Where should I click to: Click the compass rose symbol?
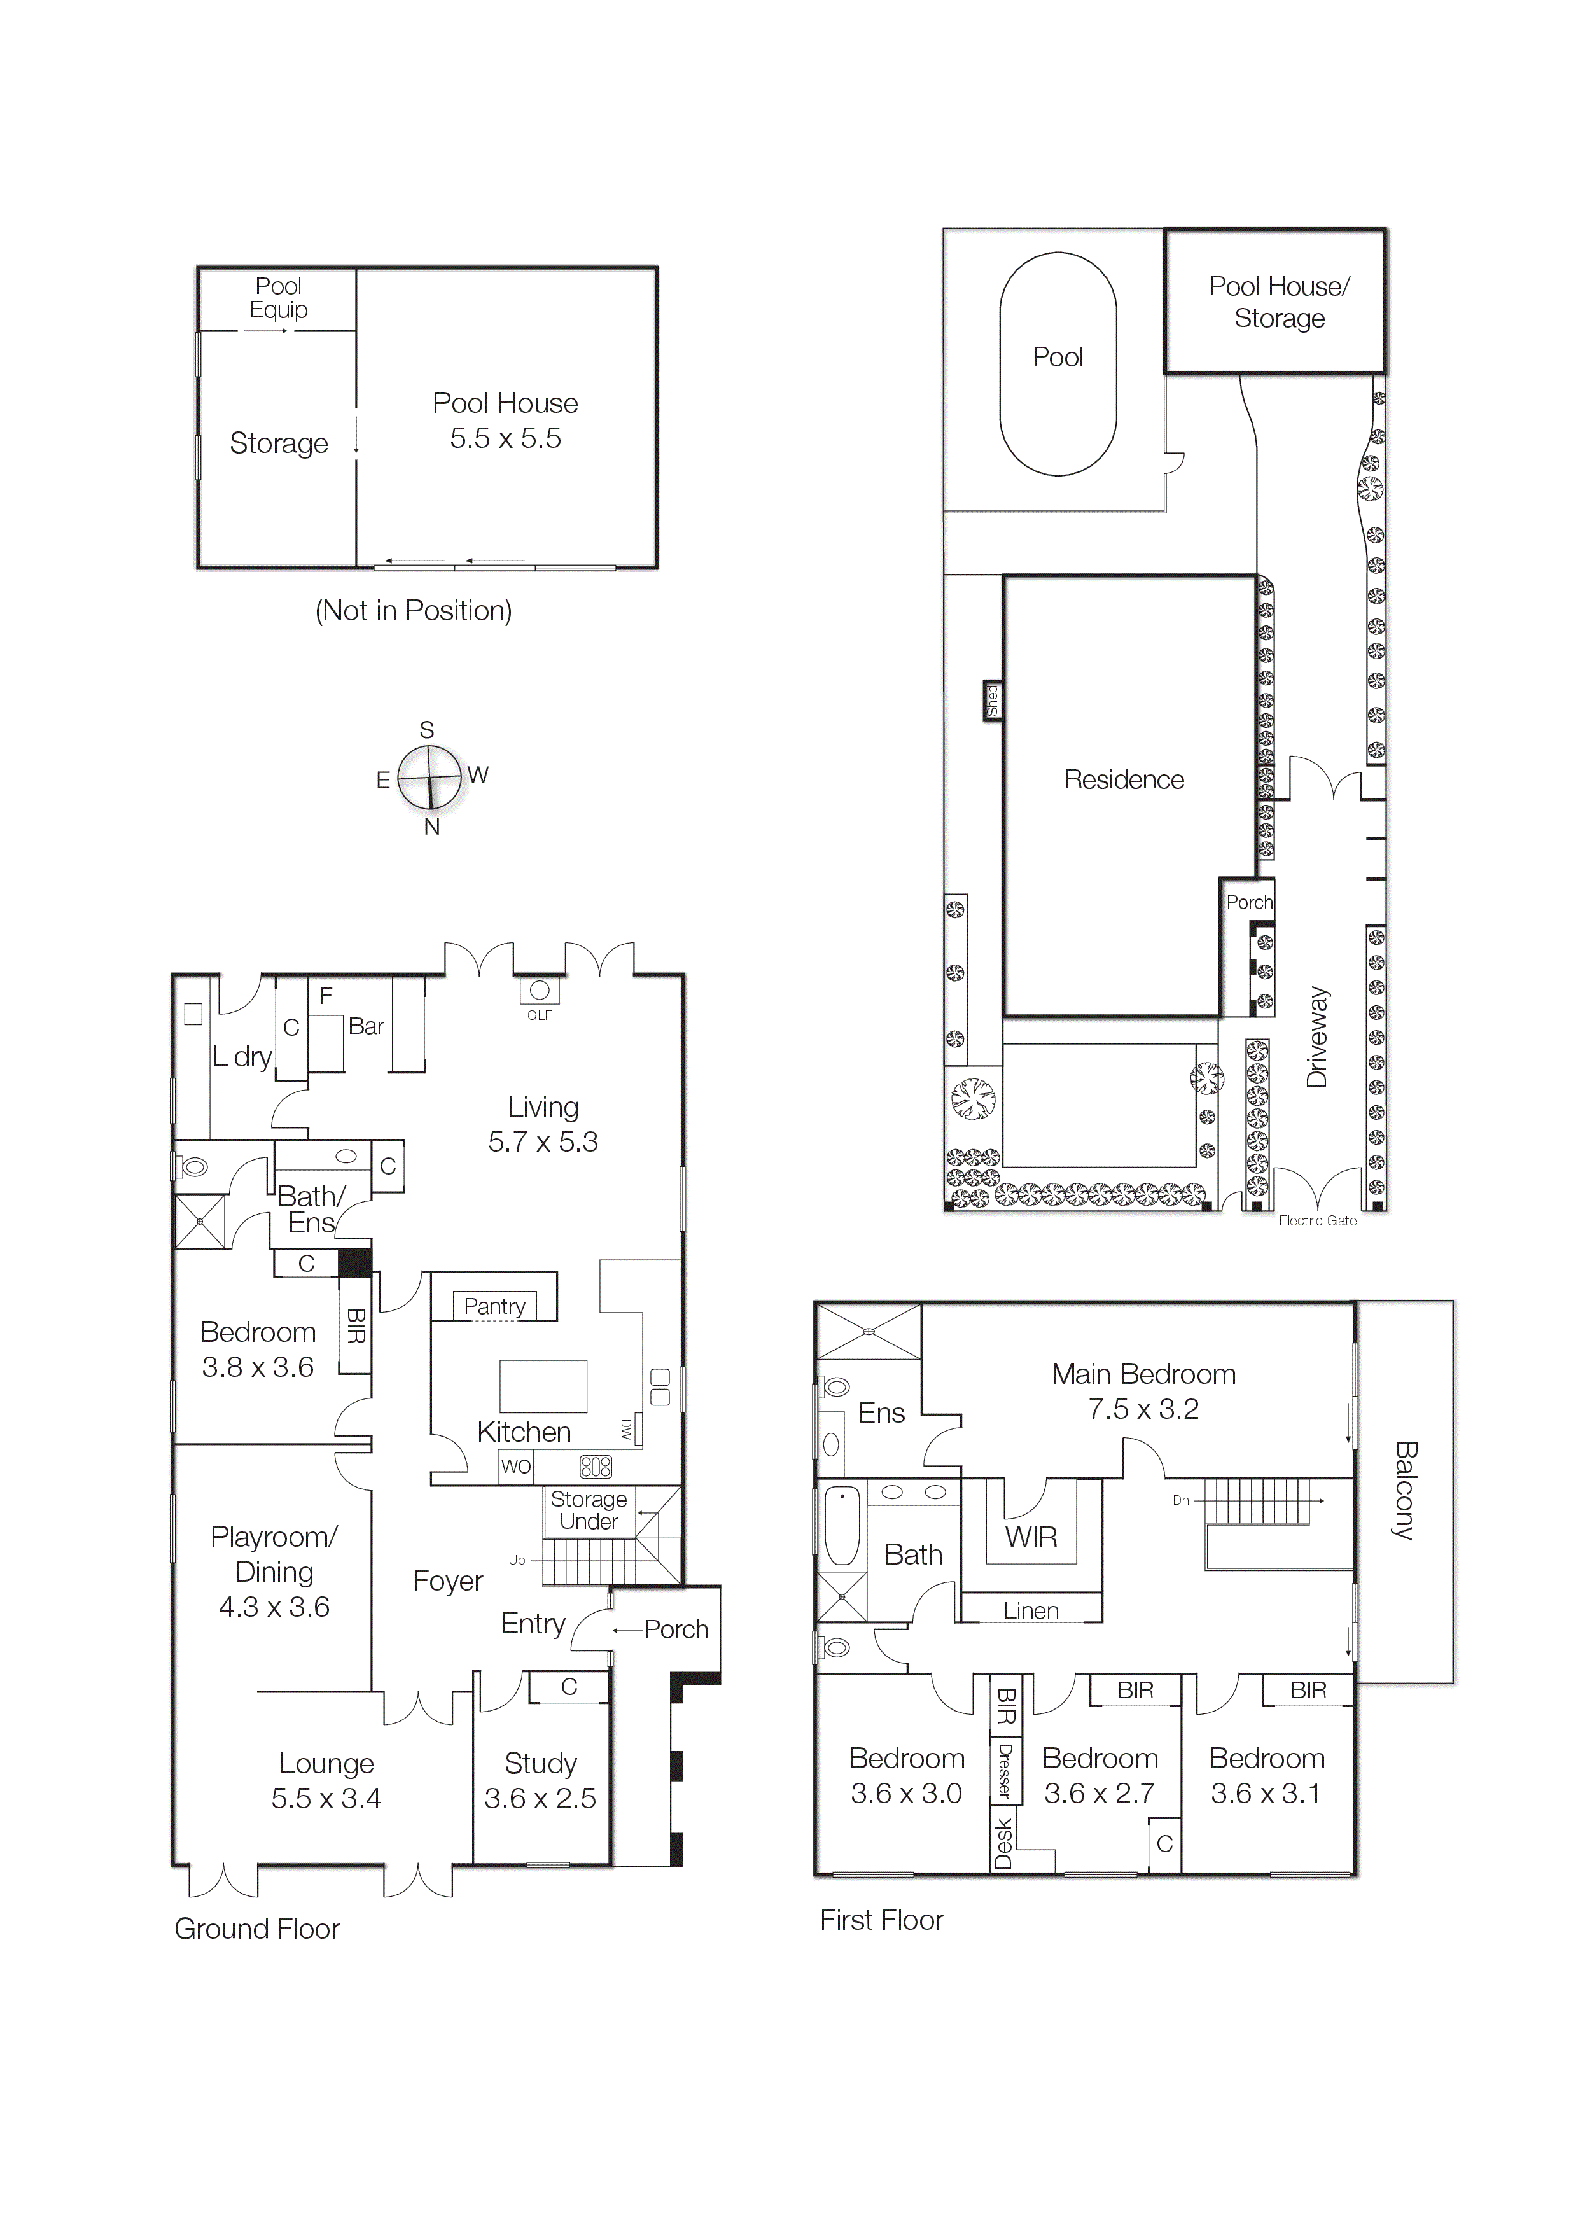[x=429, y=778]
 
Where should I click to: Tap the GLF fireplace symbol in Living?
[x=540, y=991]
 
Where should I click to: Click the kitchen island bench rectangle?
[x=543, y=1385]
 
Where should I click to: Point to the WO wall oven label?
[x=515, y=1466]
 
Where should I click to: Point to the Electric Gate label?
[x=1316, y=1221]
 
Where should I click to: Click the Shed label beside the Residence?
[x=992, y=700]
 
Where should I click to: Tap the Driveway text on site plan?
[x=1317, y=1037]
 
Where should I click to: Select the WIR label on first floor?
[x=1031, y=1537]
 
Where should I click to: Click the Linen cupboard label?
[x=1031, y=1611]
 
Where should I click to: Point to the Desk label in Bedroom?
[x=1002, y=1843]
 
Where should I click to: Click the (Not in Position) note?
[x=413, y=611]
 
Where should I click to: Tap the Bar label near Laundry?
[x=366, y=1026]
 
